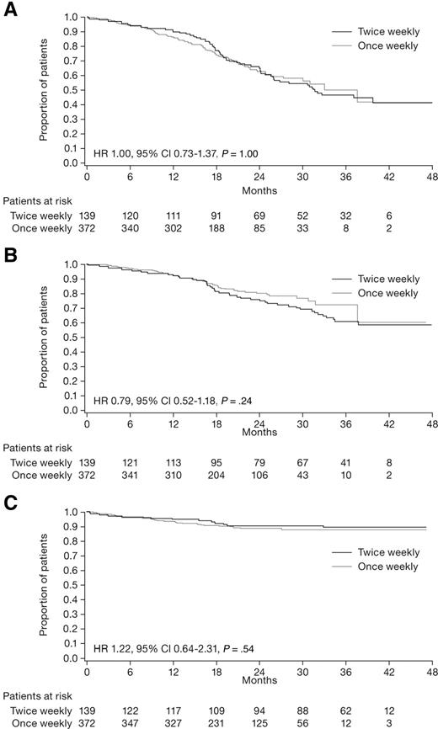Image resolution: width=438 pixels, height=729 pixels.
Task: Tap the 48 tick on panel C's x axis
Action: click(431, 674)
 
